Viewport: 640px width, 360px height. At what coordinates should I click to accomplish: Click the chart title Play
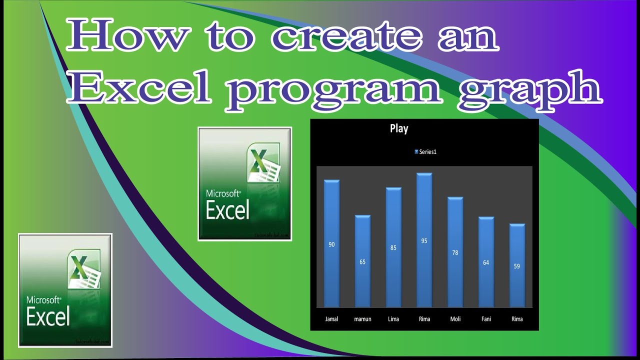point(399,129)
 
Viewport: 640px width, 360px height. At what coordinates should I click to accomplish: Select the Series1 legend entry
point(425,152)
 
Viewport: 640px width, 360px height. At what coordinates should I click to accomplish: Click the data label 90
point(331,244)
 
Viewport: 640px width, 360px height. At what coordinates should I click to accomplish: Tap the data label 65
point(362,262)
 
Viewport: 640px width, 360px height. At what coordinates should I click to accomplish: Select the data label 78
point(455,253)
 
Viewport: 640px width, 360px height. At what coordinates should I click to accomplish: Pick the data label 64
point(486,262)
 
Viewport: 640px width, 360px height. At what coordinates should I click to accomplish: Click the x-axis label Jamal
point(331,319)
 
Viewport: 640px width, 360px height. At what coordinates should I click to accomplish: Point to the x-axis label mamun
point(362,319)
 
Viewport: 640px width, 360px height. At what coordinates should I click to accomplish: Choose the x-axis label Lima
point(393,319)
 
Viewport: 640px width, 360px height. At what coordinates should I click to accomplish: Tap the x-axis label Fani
point(486,319)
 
